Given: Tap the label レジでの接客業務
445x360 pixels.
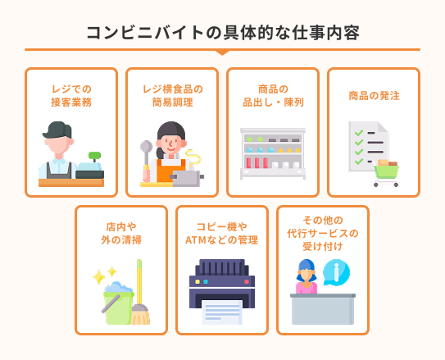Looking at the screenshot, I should [x=71, y=95].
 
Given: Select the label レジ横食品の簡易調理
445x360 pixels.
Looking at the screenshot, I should [x=172, y=95].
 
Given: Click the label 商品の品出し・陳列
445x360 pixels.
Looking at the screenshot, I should [x=273, y=95].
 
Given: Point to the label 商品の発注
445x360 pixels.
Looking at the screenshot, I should [x=374, y=95].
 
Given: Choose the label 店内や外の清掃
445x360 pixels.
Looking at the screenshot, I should [x=121, y=233].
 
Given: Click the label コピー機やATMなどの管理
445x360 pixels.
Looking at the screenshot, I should [x=222, y=233].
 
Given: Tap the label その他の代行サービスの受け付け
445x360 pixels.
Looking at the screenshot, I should [x=323, y=233].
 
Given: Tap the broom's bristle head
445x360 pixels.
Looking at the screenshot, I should [x=140, y=314].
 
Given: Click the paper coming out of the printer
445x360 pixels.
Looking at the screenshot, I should [x=222, y=312].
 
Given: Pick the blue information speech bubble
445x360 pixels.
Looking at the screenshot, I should [x=336, y=272].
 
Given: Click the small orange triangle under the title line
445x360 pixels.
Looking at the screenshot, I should [x=222, y=52].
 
